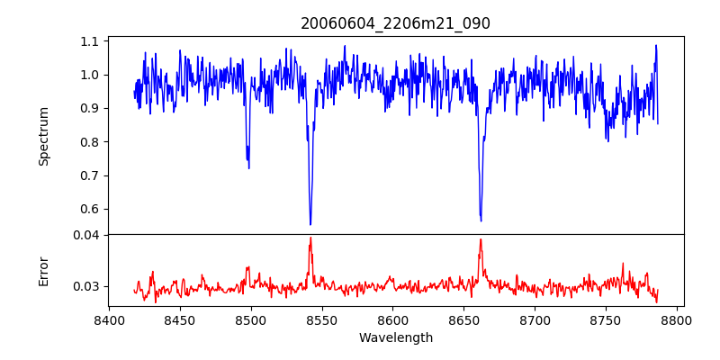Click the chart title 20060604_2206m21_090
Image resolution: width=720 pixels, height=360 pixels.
[395, 23]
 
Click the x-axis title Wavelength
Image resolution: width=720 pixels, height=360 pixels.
[395, 338]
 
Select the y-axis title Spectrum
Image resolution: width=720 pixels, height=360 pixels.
[43, 136]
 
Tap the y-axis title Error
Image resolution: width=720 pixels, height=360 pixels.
[43, 271]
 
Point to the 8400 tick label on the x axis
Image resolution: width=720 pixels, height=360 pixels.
[109, 319]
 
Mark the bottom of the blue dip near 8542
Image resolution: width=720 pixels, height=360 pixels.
[310, 224]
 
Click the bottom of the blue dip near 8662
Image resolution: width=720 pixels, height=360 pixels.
[481, 220]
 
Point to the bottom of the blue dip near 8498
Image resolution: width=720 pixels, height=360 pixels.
[248, 168]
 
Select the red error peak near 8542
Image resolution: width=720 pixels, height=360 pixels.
[310, 238]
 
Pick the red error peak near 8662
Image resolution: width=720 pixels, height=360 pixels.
[481, 239]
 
